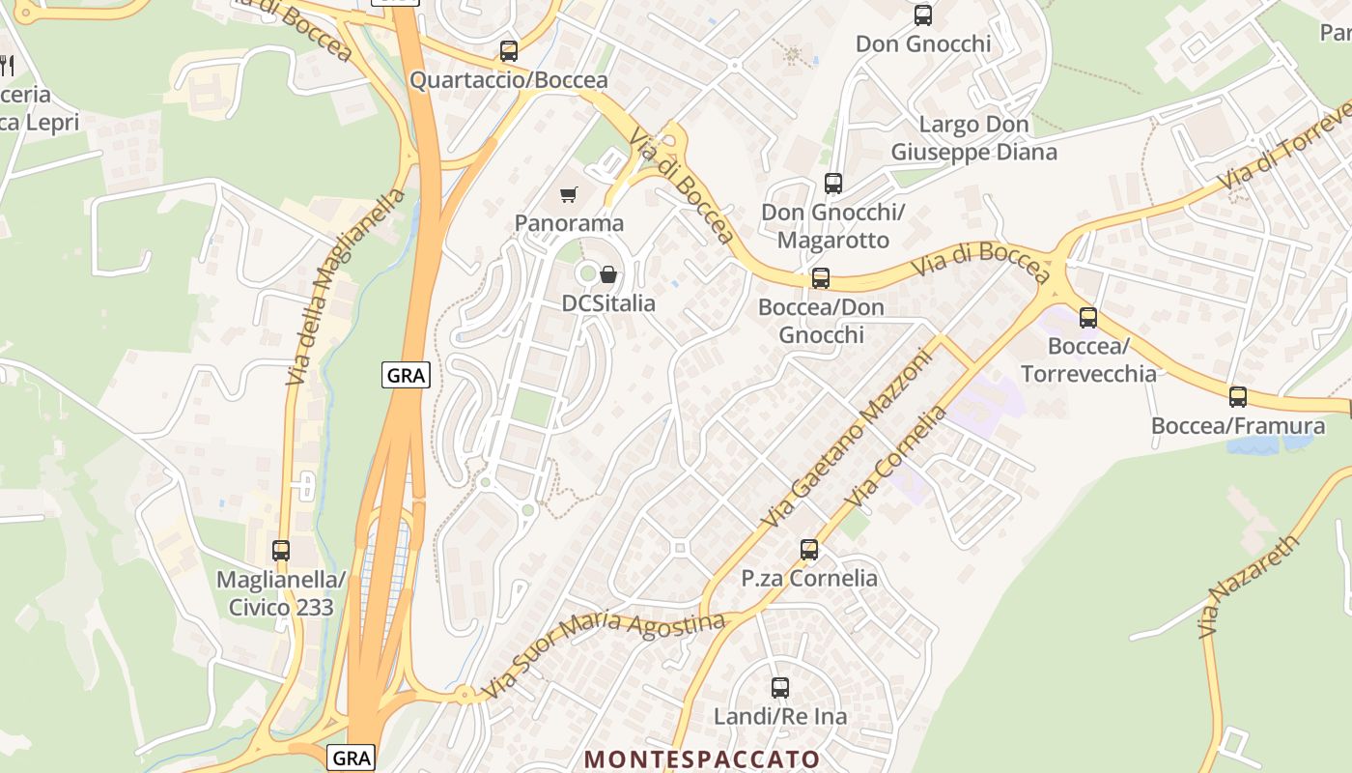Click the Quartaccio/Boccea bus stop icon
pos(509,51)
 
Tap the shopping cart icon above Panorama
pos(569,195)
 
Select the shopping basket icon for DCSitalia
pos(608,274)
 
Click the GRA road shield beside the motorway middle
pos(406,375)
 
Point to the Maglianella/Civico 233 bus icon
pos(281,551)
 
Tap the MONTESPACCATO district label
pos(702,759)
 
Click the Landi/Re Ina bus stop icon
pos(780,688)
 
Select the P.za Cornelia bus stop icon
pos(809,550)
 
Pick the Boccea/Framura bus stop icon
pos(1238,396)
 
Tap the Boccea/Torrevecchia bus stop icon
pos(1088,317)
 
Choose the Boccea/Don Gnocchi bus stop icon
pos(821,278)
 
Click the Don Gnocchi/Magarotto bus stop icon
pos(832,183)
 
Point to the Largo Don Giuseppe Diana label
pos(973,138)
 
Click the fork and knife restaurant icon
pos(7,66)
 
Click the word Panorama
pos(569,223)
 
